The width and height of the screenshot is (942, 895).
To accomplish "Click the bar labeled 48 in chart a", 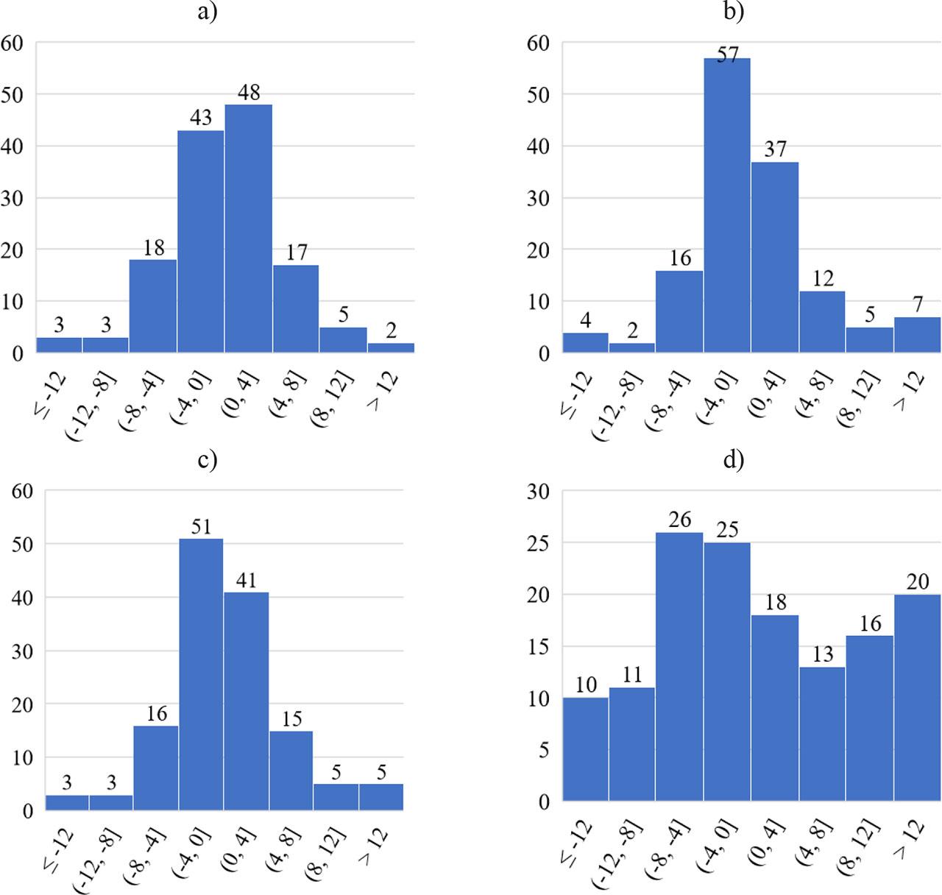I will click(x=248, y=228).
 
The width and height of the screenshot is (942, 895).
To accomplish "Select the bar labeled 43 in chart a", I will click(x=200, y=241).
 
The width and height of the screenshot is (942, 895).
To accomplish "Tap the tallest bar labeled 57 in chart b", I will click(x=726, y=206).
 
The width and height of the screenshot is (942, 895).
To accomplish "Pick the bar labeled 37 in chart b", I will click(x=774, y=258).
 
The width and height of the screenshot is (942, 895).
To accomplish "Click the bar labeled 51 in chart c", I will click(x=200, y=673).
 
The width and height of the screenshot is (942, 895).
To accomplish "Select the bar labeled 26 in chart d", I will click(x=679, y=666).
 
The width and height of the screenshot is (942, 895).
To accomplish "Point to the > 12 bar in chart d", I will click(x=917, y=698).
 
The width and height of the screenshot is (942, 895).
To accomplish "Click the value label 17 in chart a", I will click(x=296, y=252).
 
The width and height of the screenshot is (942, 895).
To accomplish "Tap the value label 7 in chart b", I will click(x=917, y=305).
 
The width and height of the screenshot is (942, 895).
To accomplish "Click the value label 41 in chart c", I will click(x=246, y=580).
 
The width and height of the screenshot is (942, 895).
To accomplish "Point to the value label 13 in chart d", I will click(x=822, y=654).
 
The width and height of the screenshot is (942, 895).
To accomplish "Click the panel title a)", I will click(x=208, y=13).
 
